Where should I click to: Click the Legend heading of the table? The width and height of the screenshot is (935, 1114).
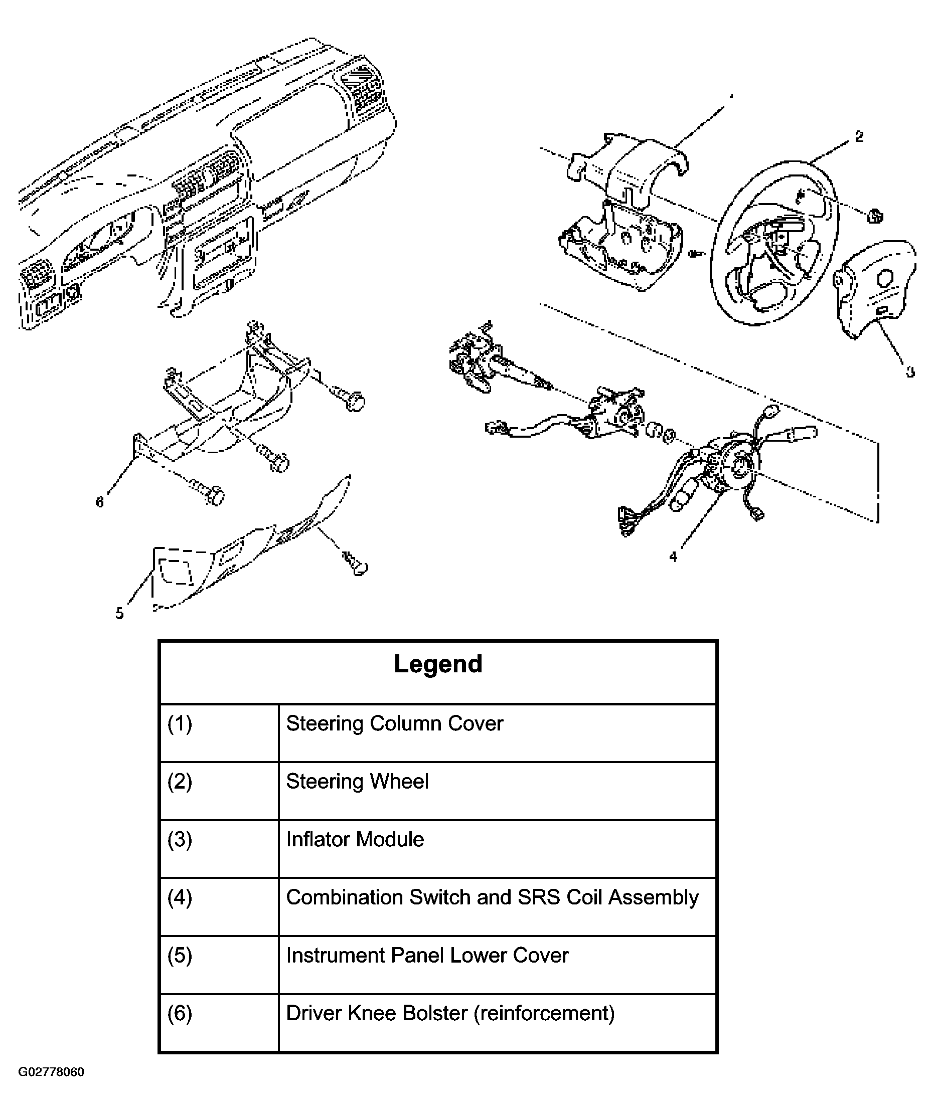(x=438, y=664)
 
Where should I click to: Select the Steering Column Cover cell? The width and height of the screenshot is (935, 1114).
(x=394, y=723)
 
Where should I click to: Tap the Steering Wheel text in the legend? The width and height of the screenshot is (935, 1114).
(x=357, y=782)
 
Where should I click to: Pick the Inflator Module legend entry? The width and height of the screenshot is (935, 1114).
(x=355, y=839)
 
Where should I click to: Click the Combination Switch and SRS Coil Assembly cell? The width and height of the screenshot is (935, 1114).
(x=492, y=897)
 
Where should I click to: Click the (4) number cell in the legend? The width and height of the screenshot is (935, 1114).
(x=180, y=897)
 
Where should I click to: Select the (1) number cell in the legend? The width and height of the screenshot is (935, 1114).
(x=180, y=723)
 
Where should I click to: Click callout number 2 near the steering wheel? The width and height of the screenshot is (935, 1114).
(x=859, y=137)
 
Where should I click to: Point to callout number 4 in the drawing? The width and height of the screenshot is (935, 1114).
(x=673, y=557)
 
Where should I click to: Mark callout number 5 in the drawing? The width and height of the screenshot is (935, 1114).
(x=119, y=613)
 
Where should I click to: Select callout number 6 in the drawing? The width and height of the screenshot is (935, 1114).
(x=99, y=501)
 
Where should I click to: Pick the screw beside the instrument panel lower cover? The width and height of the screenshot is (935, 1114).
(x=356, y=564)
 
